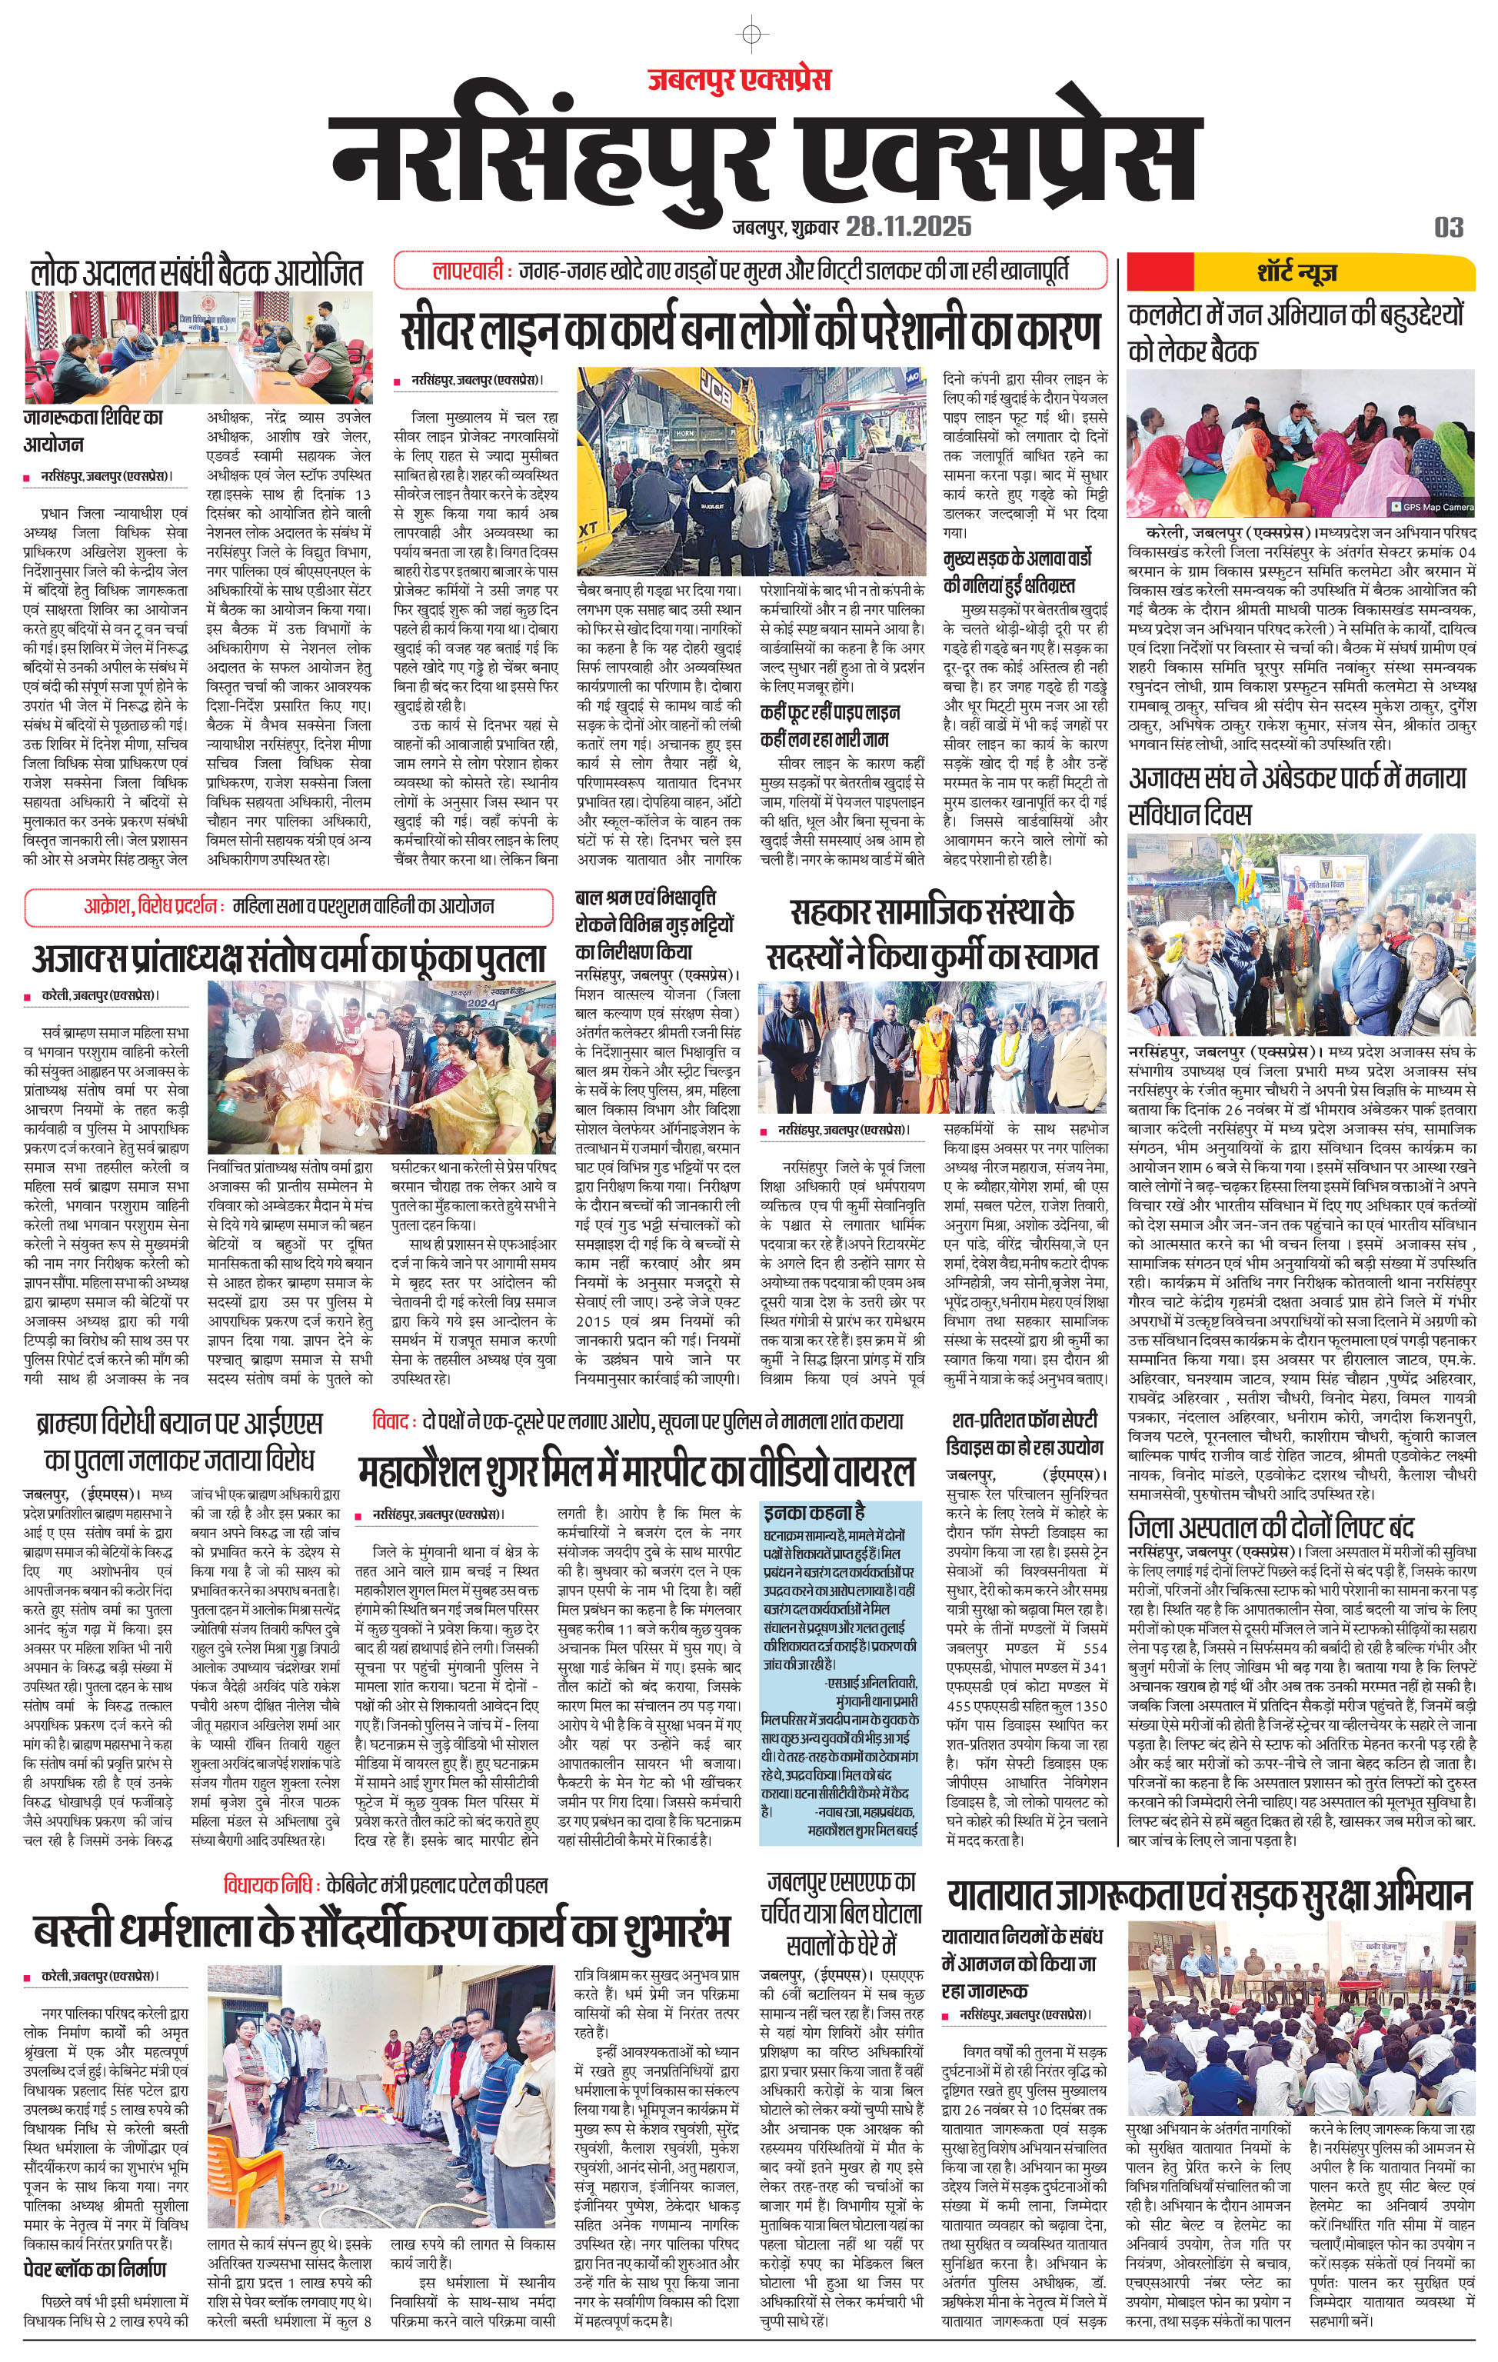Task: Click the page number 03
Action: point(1448,228)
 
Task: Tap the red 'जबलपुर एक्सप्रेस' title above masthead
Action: point(739,78)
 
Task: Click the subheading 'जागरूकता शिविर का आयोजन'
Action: point(93,431)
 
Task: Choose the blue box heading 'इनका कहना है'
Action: point(815,1511)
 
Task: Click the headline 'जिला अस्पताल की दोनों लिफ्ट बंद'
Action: point(1270,1527)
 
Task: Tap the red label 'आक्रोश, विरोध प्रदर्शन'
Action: point(153,906)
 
